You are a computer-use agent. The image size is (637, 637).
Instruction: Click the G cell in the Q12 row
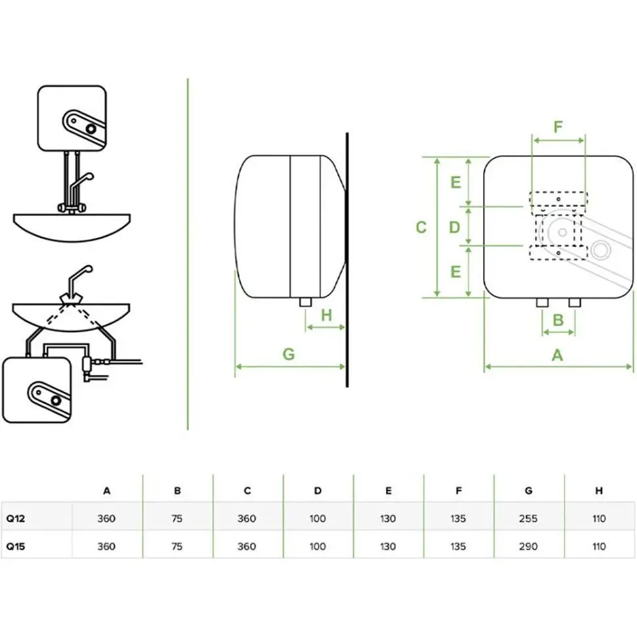point(528,519)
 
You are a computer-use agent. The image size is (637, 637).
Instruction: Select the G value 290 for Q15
point(528,546)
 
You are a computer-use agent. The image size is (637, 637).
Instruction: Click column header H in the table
point(598,491)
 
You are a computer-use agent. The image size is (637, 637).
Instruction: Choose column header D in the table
point(318,491)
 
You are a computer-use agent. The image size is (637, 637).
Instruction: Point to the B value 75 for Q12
point(177,519)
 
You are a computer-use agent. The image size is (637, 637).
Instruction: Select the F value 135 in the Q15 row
point(458,546)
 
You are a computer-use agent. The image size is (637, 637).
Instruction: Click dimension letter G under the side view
point(288,354)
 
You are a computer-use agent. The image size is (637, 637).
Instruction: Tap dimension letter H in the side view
point(326,315)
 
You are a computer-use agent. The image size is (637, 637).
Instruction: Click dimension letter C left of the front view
point(422,227)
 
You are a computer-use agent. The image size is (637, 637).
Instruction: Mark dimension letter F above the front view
point(558,127)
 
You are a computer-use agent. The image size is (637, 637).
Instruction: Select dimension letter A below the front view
point(558,355)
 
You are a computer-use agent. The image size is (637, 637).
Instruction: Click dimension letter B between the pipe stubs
point(558,320)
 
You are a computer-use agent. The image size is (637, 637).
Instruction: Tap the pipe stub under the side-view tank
point(305,301)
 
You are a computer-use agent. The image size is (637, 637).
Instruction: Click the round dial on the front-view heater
point(600,250)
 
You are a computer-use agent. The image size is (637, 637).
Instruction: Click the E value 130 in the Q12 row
point(388,519)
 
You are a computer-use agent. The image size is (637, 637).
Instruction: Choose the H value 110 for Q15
point(598,546)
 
